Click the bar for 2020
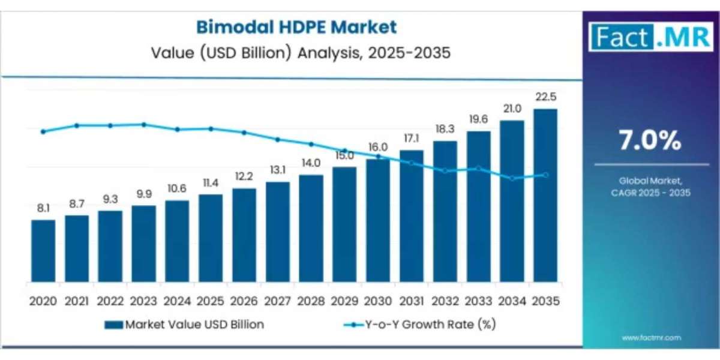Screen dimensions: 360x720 tap(43, 252)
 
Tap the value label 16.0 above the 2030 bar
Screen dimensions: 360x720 tap(378, 147)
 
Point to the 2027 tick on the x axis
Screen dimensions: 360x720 tap(277, 301)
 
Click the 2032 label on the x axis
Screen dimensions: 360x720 tap(445, 301)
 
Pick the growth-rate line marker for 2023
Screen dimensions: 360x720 tap(144, 124)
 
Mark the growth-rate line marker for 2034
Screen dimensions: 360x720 tap(512, 178)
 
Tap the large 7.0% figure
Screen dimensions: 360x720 tap(651, 140)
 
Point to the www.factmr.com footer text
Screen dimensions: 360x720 tap(651, 338)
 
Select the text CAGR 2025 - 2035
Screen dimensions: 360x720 tap(651, 193)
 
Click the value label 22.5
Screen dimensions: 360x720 tap(545, 97)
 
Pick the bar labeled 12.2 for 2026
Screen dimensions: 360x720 tap(244, 236)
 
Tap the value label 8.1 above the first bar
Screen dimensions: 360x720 tap(43, 208)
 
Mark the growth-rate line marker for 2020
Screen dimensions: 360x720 tap(43, 131)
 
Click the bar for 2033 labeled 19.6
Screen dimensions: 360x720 tap(478, 208)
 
